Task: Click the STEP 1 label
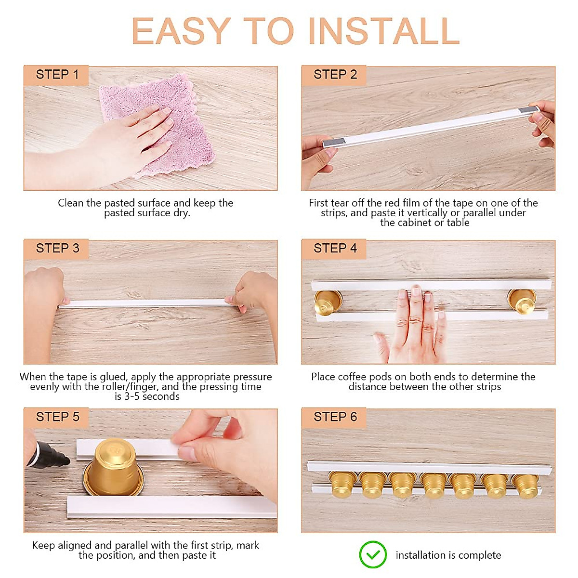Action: pos(57,74)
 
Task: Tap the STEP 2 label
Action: pos(335,74)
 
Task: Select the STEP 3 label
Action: pos(58,248)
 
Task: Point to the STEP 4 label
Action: pos(335,248)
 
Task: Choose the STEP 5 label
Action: pos(58,417)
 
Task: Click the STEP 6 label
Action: pos(335,417)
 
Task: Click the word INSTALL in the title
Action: pos(384,31)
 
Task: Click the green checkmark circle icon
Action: pos(372,554)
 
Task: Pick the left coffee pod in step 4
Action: pos(328,302)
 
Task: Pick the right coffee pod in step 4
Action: pos(522,302)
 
